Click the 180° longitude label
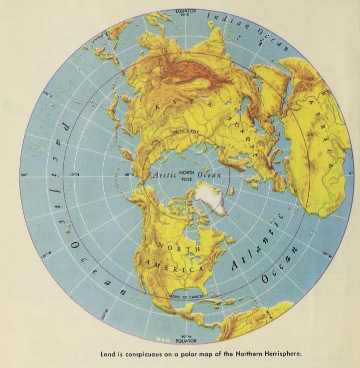23,175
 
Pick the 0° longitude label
351,173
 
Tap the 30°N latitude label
75,175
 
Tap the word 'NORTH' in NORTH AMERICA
171,247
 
